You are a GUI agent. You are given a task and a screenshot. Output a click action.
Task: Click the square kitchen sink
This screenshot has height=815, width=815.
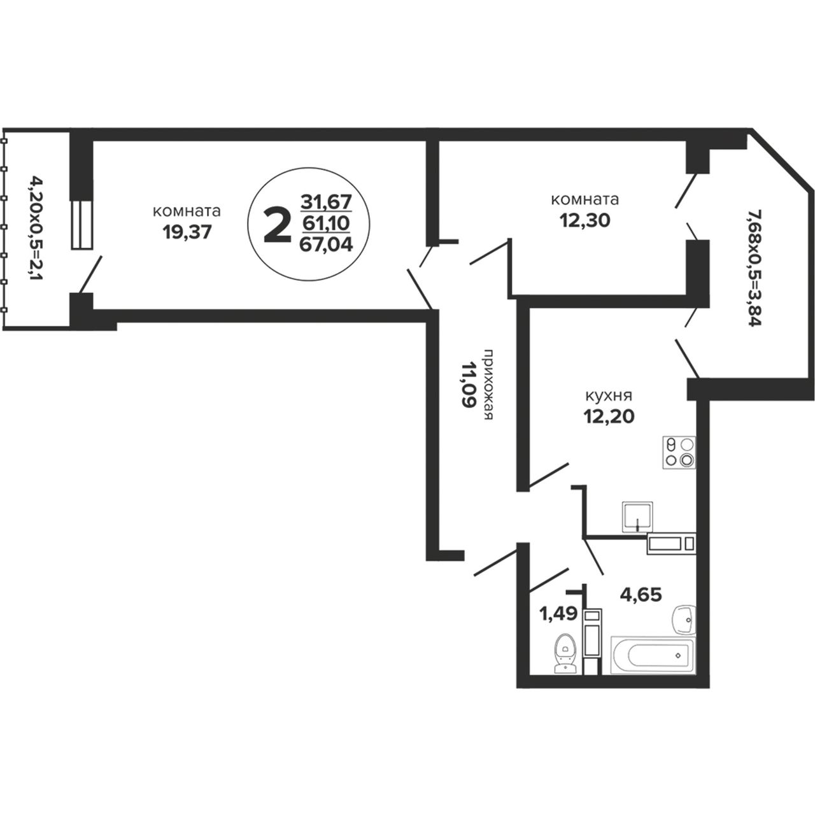pos(637,516)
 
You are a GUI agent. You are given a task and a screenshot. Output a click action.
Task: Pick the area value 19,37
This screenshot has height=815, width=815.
pos(187,232)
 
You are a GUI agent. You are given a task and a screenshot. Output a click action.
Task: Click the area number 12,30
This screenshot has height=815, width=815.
pos(585,220)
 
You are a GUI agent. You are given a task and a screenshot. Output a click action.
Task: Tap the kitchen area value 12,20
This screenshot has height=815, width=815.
pos(609,416)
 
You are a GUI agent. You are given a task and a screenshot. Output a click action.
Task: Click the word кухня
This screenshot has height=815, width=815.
pos(609,396)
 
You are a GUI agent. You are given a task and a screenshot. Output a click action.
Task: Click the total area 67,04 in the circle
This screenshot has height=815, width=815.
pos(326,245)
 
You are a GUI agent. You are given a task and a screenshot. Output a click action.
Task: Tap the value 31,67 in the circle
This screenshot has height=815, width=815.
pos(326,202)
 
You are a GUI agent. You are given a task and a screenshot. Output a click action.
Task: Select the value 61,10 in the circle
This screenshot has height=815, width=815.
pos(326,223)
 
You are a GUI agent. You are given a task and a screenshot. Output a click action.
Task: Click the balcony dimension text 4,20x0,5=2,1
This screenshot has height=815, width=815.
pos(37,229)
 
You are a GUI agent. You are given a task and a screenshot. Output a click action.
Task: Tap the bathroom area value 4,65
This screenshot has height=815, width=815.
pos(641,595)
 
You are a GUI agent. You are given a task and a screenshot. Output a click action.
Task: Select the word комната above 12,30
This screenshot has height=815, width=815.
pos(585,199)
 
